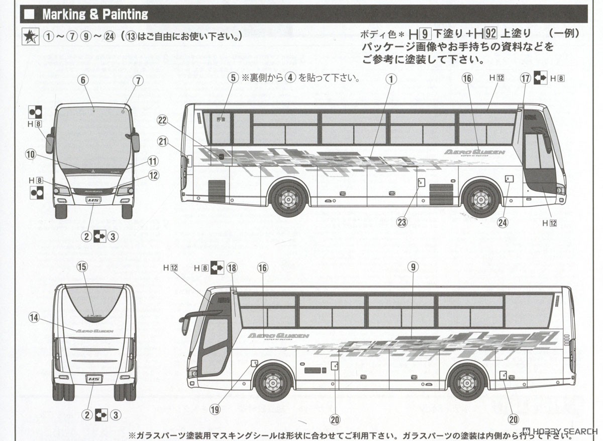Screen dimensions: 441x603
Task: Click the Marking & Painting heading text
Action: click(x=95, y=14)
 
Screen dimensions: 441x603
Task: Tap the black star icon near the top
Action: click(x=30, y=37)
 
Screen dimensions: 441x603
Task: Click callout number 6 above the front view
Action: click(x=83, y=79)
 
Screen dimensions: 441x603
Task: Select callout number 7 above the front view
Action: click(x=138, y=80)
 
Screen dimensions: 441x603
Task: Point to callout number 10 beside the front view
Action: click(x=31, y=154)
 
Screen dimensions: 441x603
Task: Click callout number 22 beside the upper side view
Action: click(x=161, y=120)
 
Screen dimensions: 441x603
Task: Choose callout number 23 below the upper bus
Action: click(x=401, y=221)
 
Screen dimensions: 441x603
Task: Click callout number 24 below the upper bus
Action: click(x=503, y=222)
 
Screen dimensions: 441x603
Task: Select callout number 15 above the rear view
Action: click(x=82, y=267)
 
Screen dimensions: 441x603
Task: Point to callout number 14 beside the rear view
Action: click(x=34, y=317)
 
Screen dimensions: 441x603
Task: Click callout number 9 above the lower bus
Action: click(x=413, y=267)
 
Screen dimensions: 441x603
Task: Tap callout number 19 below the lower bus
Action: click(x=215, y=409)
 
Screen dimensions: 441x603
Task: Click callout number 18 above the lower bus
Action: click(x=232, y=268)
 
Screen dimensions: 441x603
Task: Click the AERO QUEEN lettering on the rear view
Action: click(x=94, y=331)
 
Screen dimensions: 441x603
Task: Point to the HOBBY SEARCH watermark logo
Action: click(x=559, y=431)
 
